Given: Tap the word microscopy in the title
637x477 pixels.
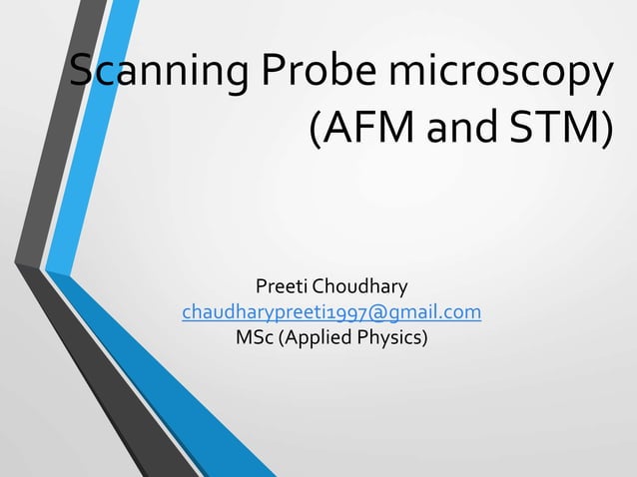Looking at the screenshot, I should [x=498, y=76].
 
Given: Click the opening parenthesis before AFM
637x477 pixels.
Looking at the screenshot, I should [x=318, y=130].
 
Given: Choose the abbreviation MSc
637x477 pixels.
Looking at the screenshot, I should [x=254, y=338].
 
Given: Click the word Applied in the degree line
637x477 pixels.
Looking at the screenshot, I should [x=317, y=338].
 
